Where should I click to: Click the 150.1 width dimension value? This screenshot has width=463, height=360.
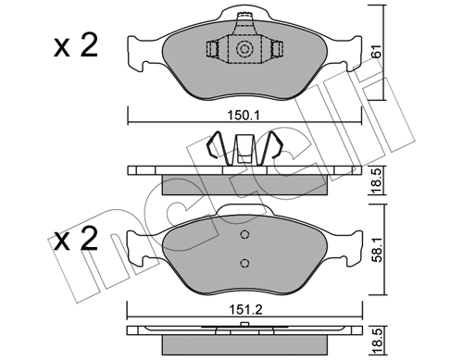coord(244,116)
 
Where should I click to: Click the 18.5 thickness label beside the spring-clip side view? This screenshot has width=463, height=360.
coord(377,180)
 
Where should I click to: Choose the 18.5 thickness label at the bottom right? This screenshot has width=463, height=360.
coord(377,341)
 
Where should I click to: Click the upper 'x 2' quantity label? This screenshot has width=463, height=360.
coord(76,45)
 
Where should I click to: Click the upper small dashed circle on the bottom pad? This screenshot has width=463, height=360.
coord(244,235)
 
